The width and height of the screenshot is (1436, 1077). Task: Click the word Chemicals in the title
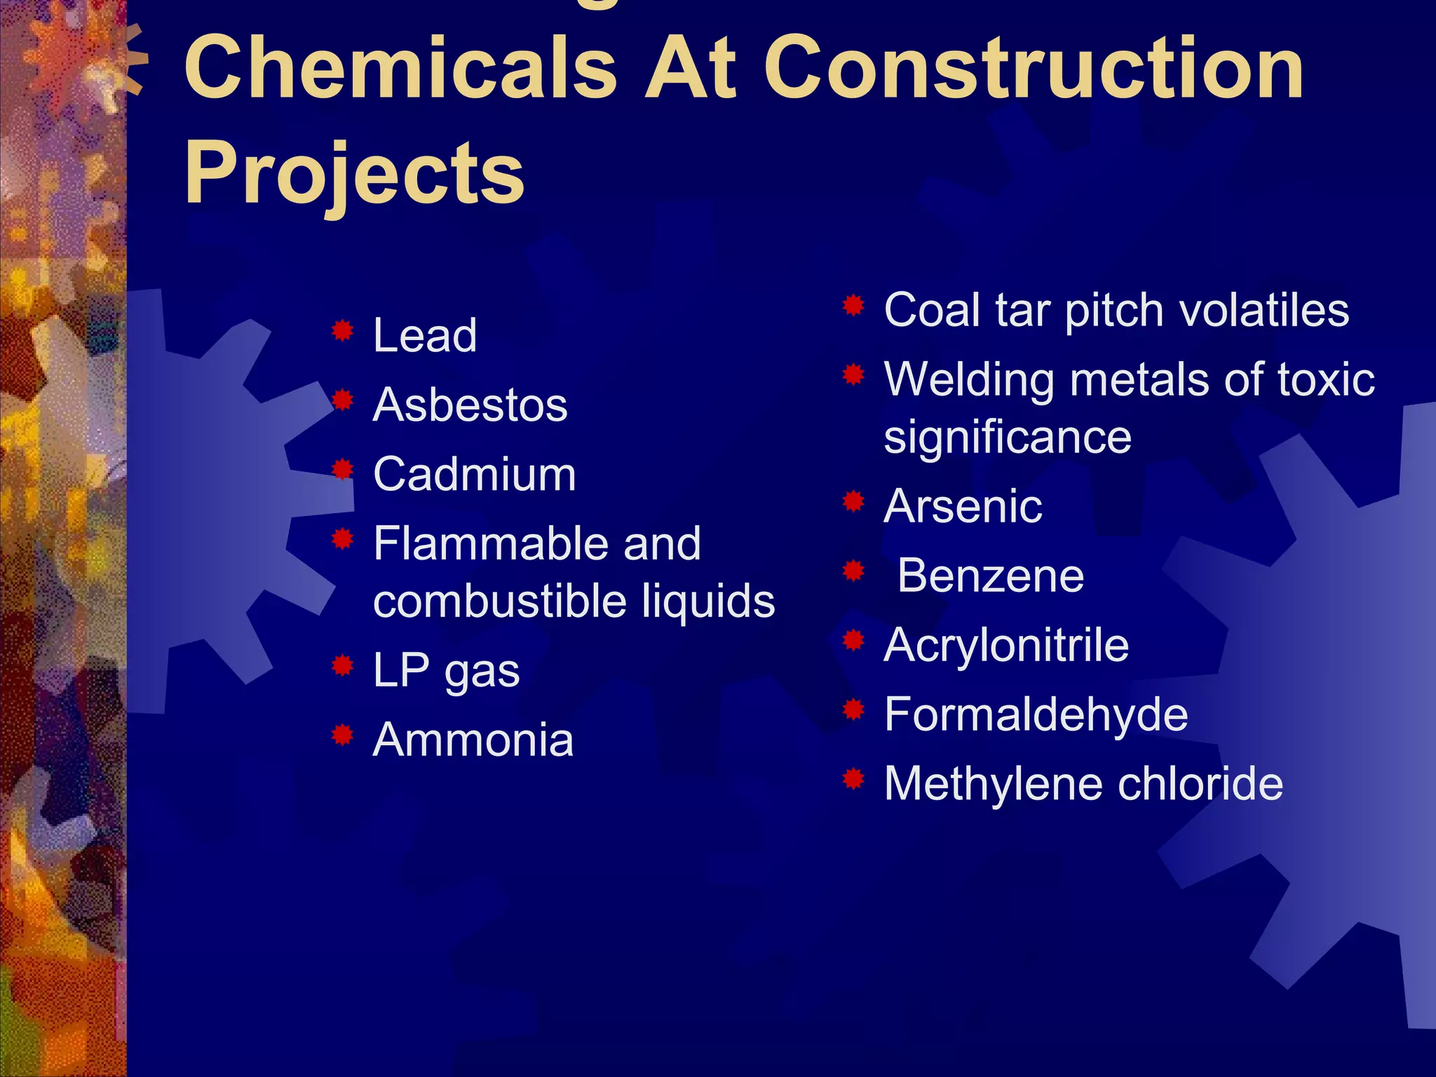400,68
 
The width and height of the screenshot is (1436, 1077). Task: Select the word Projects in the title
354,173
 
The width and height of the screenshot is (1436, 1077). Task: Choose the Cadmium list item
475,474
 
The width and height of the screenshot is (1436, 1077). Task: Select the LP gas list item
446,670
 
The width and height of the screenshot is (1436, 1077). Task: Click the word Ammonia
473,740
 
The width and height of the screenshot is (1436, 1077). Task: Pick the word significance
1008,437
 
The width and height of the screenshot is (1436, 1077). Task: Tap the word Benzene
990,576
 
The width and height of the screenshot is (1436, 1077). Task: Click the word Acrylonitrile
1006,645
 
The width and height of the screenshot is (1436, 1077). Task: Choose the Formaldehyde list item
1036,714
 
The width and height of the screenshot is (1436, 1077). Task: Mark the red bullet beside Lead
342,330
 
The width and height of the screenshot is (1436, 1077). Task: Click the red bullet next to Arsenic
853,501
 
